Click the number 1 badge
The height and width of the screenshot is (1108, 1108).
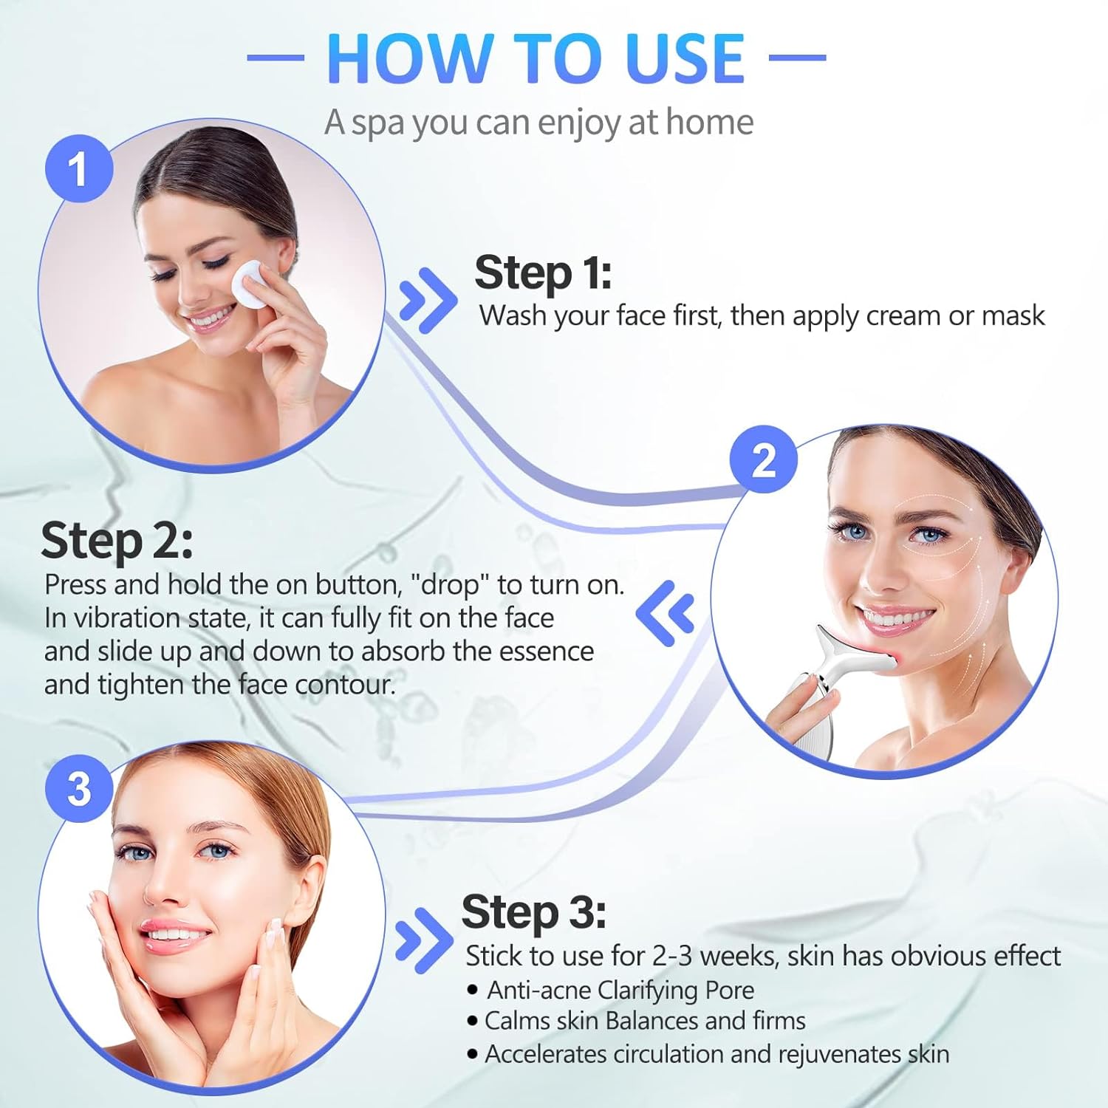click(x=78, y=169)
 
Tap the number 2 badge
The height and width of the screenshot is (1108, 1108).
click(x=763, y=459)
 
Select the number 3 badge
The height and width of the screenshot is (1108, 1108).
click(x=78, y=788)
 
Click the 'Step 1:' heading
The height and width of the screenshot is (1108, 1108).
click(x=543, y=273)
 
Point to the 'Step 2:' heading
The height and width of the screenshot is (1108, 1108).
click(x=117, y=540)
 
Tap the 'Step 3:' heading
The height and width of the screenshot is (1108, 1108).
click(x=533, y=912)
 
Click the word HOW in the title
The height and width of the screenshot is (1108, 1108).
click(x=410, y=58)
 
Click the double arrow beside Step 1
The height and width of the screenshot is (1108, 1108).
click(x=427, y=299)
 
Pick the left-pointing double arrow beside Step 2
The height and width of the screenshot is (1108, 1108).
click(x=666, y=612)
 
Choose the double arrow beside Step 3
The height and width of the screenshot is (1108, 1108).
click(x=423, y=940)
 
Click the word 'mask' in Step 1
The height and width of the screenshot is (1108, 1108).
click(x=1013, y=315)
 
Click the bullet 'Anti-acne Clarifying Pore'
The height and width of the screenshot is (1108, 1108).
click(x=620, y=990)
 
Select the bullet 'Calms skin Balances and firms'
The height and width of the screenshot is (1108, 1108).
click(x=644, y=1021)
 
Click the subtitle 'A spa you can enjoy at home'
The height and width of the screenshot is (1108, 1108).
click(x=538, y=122)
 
